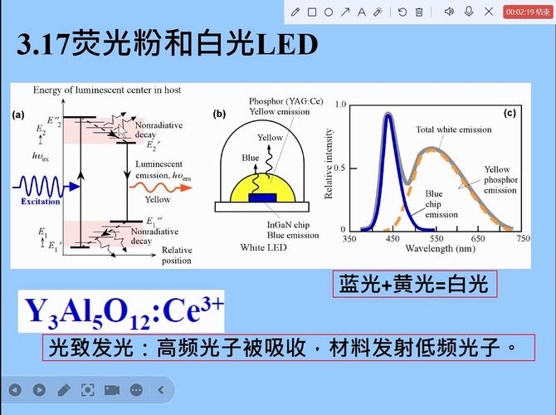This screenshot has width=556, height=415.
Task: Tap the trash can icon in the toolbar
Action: click(419, 12)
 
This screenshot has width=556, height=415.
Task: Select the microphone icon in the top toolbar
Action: click(468, 12)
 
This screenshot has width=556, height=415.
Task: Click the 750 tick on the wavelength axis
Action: click(523, 238)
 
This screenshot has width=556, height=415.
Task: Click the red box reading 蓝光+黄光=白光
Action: click(414, 285)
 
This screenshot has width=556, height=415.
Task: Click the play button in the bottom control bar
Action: click(39, 389)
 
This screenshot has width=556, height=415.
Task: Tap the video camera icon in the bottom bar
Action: click(111, 389)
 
